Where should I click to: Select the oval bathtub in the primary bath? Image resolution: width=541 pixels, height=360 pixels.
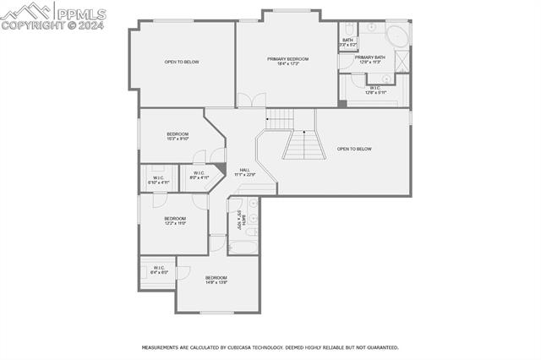pyautogui.click(x=395, y=35)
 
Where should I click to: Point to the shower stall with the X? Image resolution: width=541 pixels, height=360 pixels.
pyautogui.click(x=402, y=60)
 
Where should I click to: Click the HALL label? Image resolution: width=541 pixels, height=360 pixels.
pyautogui.click(x=244, y=172)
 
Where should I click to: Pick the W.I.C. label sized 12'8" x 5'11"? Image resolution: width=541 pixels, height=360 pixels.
pyautogui.click(x=375, y=90)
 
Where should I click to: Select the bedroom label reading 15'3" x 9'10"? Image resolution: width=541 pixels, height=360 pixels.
pyautogui.click(x=178, y=136)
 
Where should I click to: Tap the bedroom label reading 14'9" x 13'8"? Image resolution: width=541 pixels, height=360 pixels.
pyautogui.click(x=216, y=279)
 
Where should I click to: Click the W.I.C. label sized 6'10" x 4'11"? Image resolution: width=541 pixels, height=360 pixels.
pyautogui.click(x=159, y=179)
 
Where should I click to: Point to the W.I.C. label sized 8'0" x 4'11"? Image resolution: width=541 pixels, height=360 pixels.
pyautogui.click(x=199, y=175)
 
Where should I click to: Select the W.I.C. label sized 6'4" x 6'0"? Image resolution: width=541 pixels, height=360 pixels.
pyautogui.click(x=159, y=270)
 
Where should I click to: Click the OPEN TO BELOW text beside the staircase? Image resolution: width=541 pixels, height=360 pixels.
pyautogui.click(x=354, y=149)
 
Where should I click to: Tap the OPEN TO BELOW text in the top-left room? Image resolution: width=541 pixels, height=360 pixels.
pyautogui.click(x=182, y=62)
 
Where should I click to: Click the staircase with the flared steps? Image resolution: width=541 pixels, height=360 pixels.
pyautogui.click(x=303, y=145)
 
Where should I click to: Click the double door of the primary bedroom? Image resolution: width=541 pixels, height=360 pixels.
pyautogui.click(x=245, y=101)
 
